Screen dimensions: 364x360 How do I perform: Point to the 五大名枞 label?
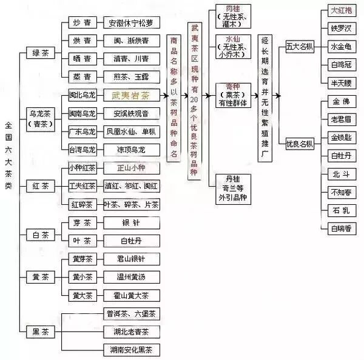[x=299, y=47]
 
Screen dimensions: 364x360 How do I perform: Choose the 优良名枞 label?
[x=299, y=144]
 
